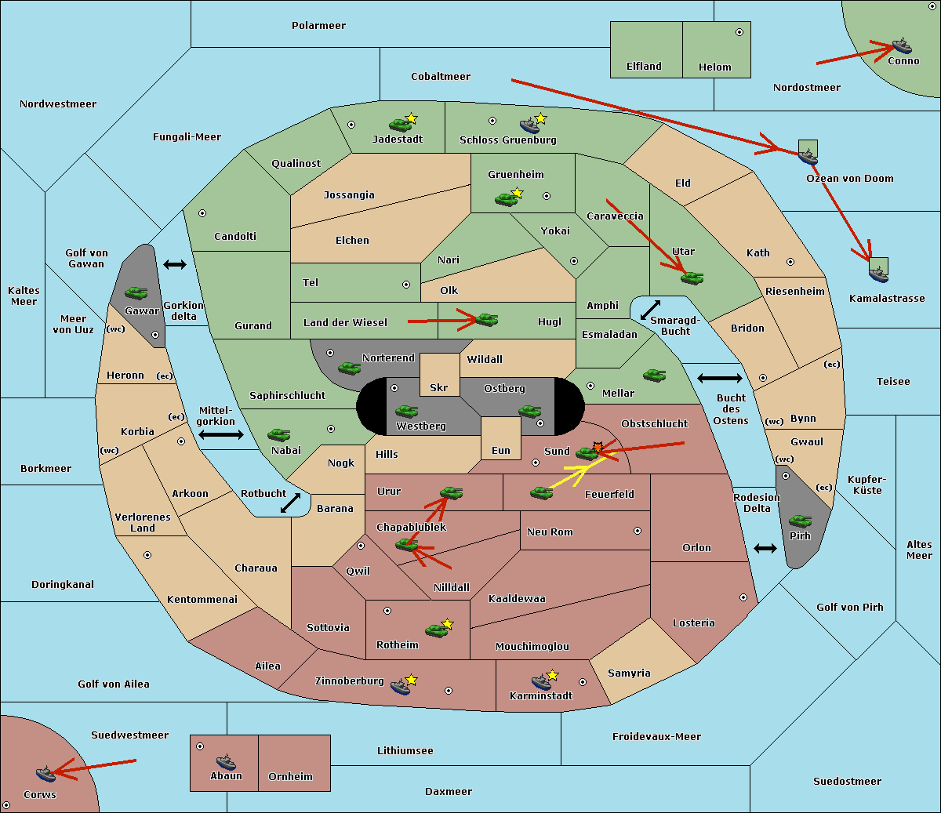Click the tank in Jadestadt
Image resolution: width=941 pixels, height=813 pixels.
[400, 125]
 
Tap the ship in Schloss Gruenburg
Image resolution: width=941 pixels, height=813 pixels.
[529, 125]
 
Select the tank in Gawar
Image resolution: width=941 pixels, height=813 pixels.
[136, 292]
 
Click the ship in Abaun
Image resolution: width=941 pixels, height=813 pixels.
[226, 762]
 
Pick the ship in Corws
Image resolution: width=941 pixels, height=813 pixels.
[45, 773]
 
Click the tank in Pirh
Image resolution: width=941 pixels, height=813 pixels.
[800, 521]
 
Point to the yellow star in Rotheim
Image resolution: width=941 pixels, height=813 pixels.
[447, 623]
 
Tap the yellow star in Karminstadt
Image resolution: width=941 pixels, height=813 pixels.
[552, 675]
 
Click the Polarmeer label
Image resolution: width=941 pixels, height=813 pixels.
[318, 26]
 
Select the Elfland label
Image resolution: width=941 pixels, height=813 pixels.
[644, 66]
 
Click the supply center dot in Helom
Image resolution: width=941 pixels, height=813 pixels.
[739, 32]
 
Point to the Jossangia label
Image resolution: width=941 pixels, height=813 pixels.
[349, 195]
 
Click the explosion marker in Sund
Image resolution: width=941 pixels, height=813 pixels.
[598, 447]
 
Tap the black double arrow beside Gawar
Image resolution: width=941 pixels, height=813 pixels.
[175, 264]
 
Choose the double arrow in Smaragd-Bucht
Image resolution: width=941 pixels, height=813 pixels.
[650, 310]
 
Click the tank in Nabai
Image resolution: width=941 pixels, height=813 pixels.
[278, 434]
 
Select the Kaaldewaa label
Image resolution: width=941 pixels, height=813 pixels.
[517, 599]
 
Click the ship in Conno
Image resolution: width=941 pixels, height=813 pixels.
[901, 45]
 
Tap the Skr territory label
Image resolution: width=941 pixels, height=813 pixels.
[439, 387]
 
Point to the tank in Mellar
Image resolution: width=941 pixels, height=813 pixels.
[655, 375]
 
